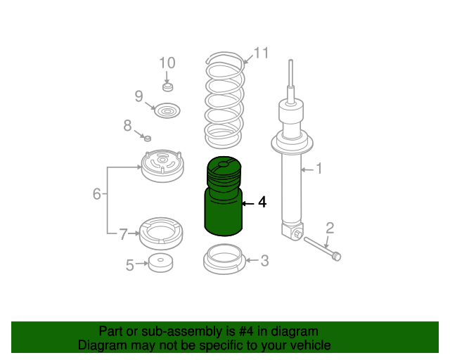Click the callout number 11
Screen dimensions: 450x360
pyautogui.click(x=261, y=53)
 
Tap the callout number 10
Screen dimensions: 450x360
pyautogui.click(x=167, y=63)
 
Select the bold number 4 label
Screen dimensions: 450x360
pyautogui.click(x=262, y=202)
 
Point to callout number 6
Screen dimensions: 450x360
pyautogui.click(x=97, y=194)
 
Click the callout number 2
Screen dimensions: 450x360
pyautogui.click(x=330, y=229)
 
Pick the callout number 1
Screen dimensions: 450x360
pyautogui.click(x=319, y=169)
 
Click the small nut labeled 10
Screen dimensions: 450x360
pyautogui.click(x=168, y=86)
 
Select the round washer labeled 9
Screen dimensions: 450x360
pyautogui.click(x=167, y=110)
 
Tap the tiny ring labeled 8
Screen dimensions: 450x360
pyautogui.click(x=148, y=139)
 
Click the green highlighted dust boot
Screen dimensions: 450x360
pyautogui.click(x=224, y=196)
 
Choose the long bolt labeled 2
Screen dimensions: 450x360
pyautogui.click(x=322, y=248)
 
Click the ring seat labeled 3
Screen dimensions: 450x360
pyautogui.click(x=224, y=259)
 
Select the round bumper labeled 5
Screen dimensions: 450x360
pyautogui.click(x=161, y=263)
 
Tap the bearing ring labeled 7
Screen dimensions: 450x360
pyautogui.click(x=161, y=233)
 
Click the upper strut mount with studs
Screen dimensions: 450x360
pyautogui.click(x=162, y=165)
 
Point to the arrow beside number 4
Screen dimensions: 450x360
pyautogui.click(x=248, y=203)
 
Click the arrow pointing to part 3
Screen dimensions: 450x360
pyautogui.click(x=252, y=260)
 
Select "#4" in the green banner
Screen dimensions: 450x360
pyautogui.click(x=246, y=331)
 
